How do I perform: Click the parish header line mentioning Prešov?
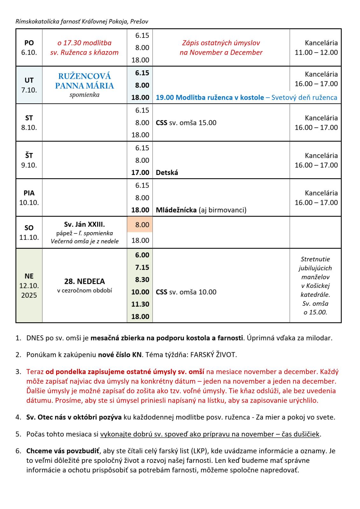click(x=82, y=22)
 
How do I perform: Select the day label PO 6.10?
click(x=29, y=47)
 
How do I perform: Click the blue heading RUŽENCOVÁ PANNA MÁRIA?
click(x=84, y=81)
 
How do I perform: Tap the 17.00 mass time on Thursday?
click(x=140, y=172)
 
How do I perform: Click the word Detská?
click(x=167, y=173)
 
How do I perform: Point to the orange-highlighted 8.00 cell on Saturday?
click(x=140, y=225)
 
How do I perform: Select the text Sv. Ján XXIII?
click(x=84, y=225)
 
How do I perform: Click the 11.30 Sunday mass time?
click(x=140, y=304)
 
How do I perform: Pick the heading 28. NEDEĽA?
click(x=84, y=281)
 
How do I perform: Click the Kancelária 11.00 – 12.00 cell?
click(x=316, y=47)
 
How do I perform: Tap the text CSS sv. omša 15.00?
click(x=186, y=123)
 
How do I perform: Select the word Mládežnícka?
click(x=176, y=210)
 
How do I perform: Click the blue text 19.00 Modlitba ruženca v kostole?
click(x=210, y=98)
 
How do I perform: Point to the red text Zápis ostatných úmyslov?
click(x=221, y=43)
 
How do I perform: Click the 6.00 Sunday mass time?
click(x=140, y=255)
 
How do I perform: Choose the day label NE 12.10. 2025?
click(x=29, y=285)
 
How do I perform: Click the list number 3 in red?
click(x=18, y=372)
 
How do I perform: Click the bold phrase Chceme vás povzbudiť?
click(x=63, y=451)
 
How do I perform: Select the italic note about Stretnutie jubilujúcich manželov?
click(x=315, y=285)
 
